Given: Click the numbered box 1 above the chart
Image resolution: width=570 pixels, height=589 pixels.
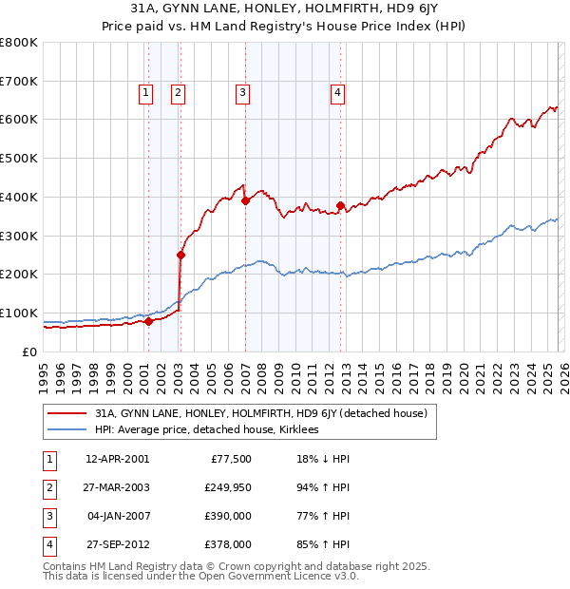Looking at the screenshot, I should [x=145, y=92].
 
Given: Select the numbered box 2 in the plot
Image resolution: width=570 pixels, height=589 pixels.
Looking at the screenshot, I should [x=178, y=92].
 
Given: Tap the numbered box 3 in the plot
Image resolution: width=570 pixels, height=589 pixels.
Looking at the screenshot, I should [x=242, y=92].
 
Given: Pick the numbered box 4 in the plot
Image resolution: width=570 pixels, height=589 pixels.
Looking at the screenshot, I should [x=337, y=92].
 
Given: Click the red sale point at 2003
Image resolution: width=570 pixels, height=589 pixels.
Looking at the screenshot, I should [x=180, y=255].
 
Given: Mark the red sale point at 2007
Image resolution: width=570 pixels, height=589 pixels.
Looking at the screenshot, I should [x=245, y=200].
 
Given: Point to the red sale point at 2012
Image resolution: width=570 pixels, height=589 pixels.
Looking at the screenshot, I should [x=340, y=205].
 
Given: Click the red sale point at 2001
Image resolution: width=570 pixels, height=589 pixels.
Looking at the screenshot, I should [x=148, y=321].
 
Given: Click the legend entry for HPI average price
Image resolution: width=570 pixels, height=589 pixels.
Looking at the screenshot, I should [x=206, y=429].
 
